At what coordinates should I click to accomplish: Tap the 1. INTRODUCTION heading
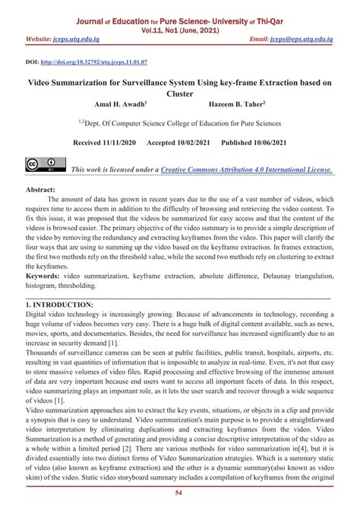click(x=59, y=304)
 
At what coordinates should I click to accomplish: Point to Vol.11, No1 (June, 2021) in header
click(x=180, y=22)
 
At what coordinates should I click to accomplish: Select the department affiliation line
click(x=180, y=122)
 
